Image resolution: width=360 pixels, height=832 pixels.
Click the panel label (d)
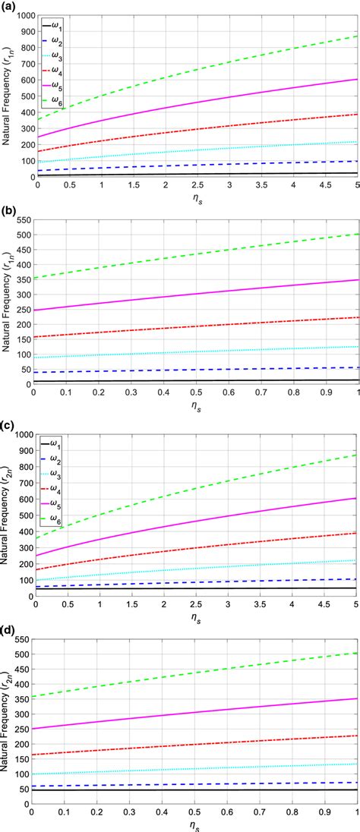point(10,629)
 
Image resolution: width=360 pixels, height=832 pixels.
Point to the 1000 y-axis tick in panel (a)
point(23,16)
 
